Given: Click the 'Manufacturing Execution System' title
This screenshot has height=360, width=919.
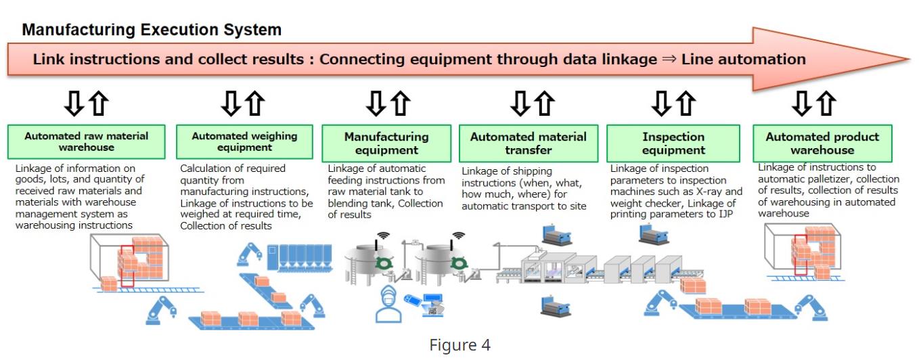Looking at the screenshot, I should [152, 30].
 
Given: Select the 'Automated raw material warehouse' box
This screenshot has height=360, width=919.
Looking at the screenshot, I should [87, 141].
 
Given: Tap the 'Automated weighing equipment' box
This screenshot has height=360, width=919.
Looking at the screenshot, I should [244, 141].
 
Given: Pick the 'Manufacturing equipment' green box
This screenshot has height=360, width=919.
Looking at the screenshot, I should [386, 143].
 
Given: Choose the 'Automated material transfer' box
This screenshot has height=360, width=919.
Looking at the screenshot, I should [529, 143].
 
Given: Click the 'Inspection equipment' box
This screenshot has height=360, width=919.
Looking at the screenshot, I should [673, 143].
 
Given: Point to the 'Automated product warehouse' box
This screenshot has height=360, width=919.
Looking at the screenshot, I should [822, 143].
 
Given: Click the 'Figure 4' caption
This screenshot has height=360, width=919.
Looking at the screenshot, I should [459, 345].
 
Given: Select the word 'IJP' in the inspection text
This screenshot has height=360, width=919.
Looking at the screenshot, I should [727, 215].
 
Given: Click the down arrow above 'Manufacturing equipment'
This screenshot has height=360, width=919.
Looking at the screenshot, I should [374, 104].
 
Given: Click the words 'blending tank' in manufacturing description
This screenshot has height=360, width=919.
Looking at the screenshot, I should [363, 203].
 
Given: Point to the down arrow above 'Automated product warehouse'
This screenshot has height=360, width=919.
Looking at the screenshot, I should [803, 104].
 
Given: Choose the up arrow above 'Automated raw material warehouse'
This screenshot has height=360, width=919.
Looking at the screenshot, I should [98, 104].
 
